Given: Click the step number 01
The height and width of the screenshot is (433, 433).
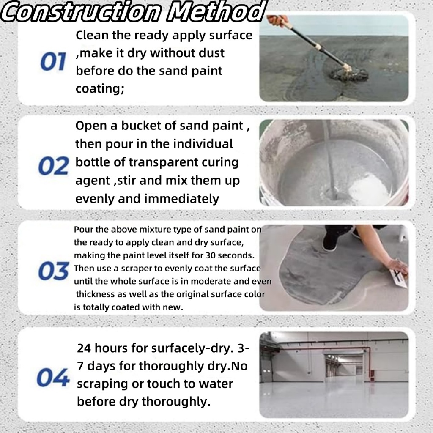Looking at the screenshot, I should pyautogui.click(x=53, y=62).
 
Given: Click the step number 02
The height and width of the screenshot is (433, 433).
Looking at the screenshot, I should pyautogui.click(x=53, y=166).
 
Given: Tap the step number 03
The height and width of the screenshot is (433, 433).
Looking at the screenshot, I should pyautogui.click(x=53, y=271).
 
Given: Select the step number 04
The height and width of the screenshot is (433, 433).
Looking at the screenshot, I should pyautogui.click(x=53, y=377).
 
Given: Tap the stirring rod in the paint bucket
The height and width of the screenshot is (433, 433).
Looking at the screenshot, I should pyautogui.click(x=330, y=161).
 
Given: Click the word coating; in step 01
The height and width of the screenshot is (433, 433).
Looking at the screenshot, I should pyautogui.click(x=100, y=89).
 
